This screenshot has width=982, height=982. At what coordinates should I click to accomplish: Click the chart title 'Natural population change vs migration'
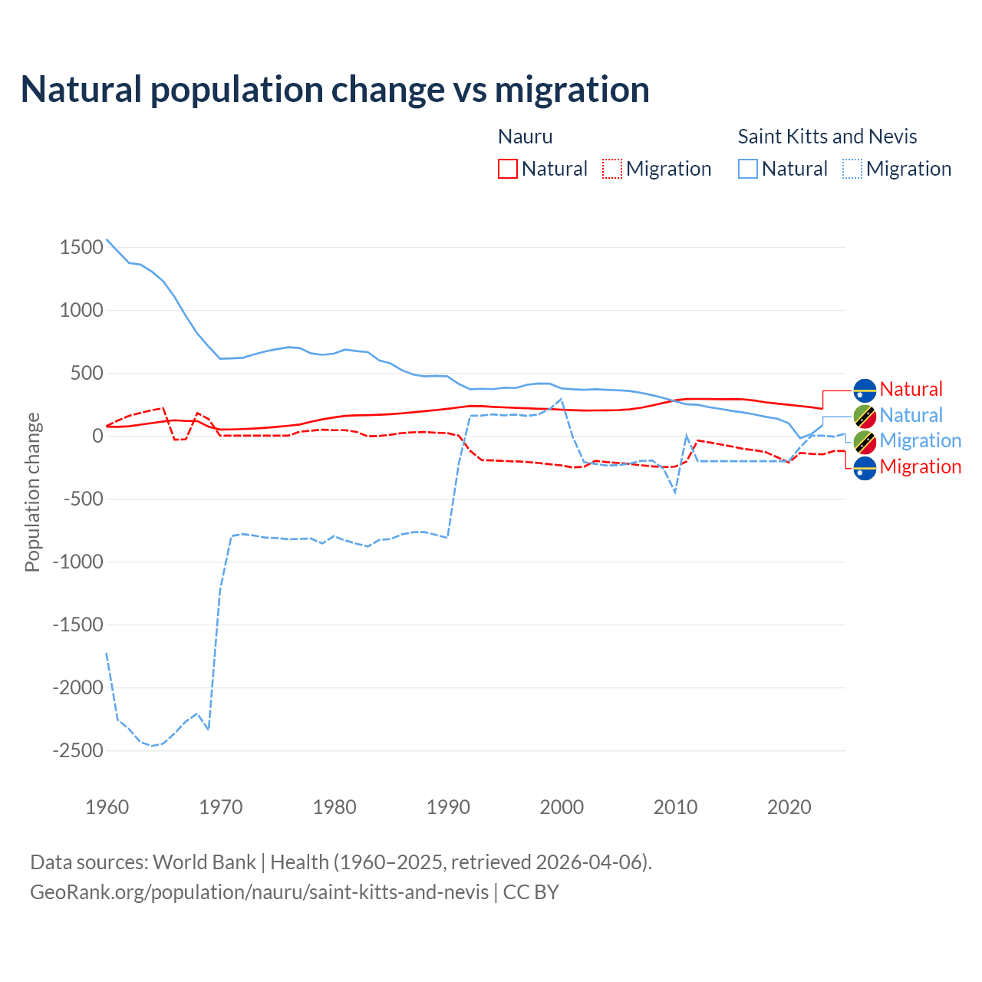click(334, 90)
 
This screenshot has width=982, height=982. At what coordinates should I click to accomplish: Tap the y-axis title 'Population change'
click(32, 492)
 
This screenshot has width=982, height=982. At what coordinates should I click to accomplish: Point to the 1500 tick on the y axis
click(81, 247)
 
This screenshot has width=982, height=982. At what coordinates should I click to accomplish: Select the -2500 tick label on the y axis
click(77, 750)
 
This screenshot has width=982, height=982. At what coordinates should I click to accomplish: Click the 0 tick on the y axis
click(97, 436)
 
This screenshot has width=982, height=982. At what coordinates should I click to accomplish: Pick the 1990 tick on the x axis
click(448, 807)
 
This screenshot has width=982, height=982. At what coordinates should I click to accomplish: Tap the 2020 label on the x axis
click(789, 807)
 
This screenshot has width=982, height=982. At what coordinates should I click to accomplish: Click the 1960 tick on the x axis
click(107, 807)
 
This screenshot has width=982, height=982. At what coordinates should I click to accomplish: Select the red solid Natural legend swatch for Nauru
click(508, 169)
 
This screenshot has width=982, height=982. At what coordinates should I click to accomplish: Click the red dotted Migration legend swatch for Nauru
click(612, 169)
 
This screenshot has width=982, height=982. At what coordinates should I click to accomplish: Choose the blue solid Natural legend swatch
click(748, 169)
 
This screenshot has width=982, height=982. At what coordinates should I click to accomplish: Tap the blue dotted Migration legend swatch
click(852, 169)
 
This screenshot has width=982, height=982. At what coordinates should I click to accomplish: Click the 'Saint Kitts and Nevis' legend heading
click(827, 137)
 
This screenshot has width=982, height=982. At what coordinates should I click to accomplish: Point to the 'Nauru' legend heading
click(525, 137)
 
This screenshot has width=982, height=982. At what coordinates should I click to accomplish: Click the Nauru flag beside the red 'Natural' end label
click(865, 390)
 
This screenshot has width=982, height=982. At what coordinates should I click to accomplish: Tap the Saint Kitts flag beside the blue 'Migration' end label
click(865, 441)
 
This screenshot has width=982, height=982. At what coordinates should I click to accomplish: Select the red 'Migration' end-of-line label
click(920, 466)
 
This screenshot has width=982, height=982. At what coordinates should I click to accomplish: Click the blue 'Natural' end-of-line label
click(911, 415)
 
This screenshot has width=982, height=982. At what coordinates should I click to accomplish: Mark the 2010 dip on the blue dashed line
click(675, 493)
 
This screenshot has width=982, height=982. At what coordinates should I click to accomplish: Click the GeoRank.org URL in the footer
click(259, 892)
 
